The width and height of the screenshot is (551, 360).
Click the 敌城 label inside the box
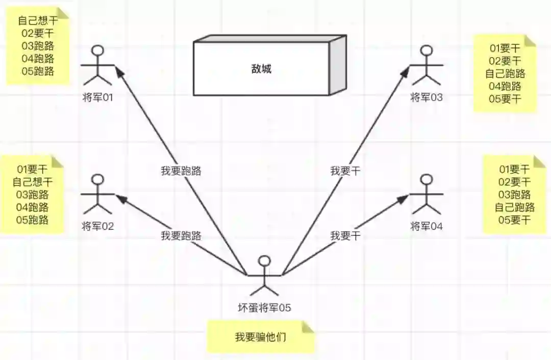click(261, 68)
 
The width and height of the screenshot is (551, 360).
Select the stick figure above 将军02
click(97, 194)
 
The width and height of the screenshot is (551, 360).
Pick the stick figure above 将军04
click(427, 194)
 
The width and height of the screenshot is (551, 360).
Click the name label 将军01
click(97, 97)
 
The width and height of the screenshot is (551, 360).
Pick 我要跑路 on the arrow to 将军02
click(181, 235)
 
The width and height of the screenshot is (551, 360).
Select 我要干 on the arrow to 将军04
click(345, 235)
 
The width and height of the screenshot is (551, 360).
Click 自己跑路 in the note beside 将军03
click(505, 74)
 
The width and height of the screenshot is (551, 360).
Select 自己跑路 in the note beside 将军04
click(514, 207)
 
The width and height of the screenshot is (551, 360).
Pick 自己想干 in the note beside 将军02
click(33, 182)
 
